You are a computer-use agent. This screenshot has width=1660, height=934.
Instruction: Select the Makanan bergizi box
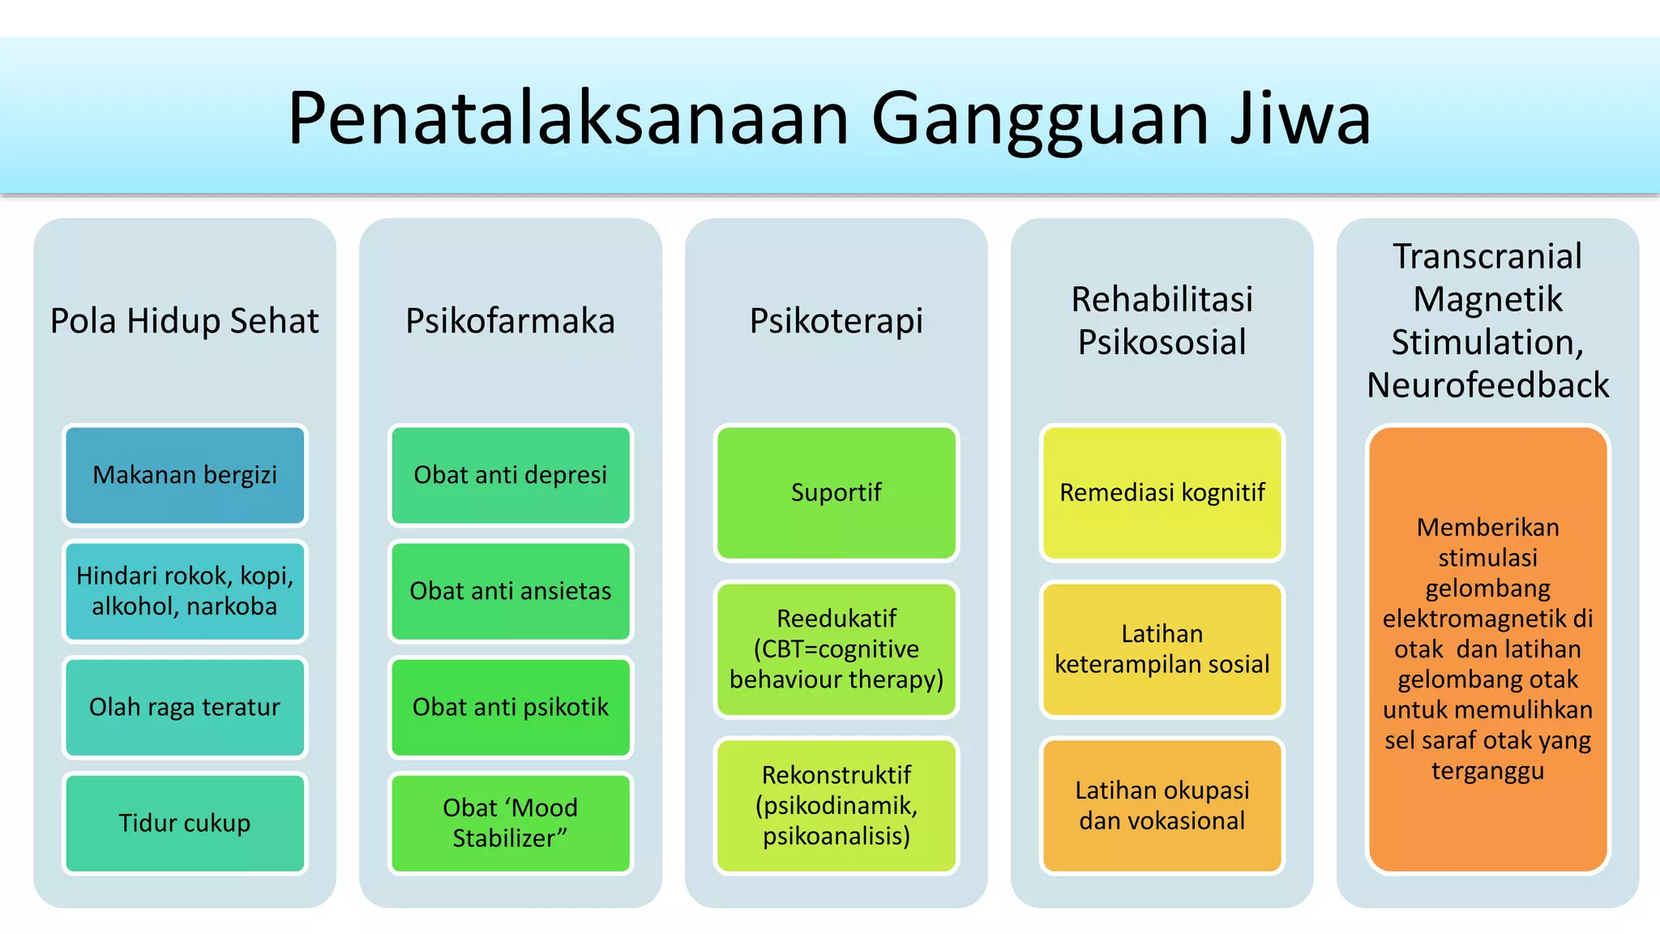(185, 475)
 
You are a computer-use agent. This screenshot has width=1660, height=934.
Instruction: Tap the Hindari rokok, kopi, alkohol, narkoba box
(185, 591)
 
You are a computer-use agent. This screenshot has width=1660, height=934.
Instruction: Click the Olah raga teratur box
(185, 707)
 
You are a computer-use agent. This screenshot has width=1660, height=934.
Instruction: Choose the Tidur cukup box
(185, 823)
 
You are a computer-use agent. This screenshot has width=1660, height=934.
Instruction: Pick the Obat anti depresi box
(511, 475)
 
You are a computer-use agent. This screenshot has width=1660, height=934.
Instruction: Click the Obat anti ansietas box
(511, 591)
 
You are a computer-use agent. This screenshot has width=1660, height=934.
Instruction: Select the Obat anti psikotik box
(511, 707)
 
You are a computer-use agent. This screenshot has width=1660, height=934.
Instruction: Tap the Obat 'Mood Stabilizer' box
(511, 823)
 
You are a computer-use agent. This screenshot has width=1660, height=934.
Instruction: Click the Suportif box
(836, 493)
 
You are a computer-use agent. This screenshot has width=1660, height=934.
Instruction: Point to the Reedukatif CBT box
(836, 649)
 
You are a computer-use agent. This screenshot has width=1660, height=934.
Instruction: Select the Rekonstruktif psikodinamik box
(836, 805)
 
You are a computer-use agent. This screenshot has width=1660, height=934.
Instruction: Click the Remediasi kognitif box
(1162, 493)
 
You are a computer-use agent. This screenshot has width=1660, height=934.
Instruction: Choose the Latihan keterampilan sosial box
(1162, 649)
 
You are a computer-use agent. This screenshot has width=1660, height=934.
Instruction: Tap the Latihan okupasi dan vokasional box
(1162, 805)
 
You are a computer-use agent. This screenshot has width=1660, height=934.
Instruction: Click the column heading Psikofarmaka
(511, 321)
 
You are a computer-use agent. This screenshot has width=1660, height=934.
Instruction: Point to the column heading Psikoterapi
(836, 321)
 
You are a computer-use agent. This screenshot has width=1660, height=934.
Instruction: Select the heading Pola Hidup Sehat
(185, 321)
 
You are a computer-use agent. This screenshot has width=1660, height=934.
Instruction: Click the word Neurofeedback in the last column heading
(1488, 385)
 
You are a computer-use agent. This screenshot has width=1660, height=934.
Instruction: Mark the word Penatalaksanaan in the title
(567, 118)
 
